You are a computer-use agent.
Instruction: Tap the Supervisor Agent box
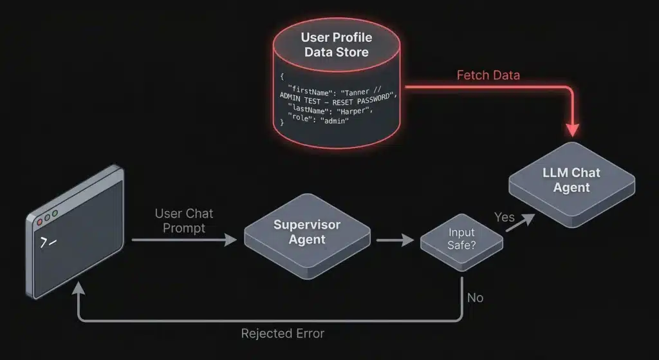coord(307,232)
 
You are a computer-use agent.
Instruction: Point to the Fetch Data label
coord(488,75)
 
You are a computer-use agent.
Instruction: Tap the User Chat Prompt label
coord(184,220)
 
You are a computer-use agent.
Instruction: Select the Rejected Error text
coord(283,334)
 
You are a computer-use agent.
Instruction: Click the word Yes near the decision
coord(504,217)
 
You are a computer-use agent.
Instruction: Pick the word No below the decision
coord(474,298)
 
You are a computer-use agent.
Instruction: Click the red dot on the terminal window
coord(40,222)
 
